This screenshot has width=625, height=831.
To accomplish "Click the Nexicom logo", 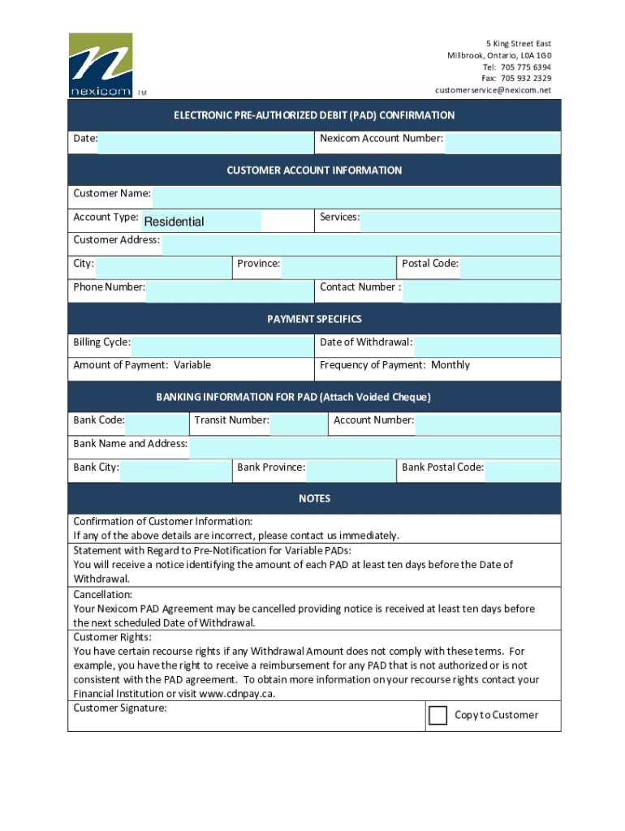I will (100, 65).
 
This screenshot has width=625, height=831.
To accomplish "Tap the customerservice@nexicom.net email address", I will (493, 90).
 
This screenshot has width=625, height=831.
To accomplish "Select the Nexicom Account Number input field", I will (502, 144).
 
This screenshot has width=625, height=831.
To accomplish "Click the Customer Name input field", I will (356, 197).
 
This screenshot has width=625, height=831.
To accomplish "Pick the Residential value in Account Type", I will (174, 222).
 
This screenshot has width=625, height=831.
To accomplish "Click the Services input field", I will (460, 221).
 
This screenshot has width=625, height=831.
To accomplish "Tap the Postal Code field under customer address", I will (510, 268).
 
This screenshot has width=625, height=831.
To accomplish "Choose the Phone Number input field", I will (229, 291).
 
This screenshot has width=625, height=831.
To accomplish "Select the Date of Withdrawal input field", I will (487, 347).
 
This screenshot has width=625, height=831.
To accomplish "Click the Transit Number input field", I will (299, 424).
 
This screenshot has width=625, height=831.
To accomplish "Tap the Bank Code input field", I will (156, 424).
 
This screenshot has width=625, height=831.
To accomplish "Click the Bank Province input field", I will (351, 471).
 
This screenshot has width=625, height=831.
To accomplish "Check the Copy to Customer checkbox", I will (437, 715).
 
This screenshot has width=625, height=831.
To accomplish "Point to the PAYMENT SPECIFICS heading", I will (314, 319).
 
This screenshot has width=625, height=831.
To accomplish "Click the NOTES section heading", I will (314, 498).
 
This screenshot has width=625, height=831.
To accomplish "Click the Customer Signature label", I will (120, 708).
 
